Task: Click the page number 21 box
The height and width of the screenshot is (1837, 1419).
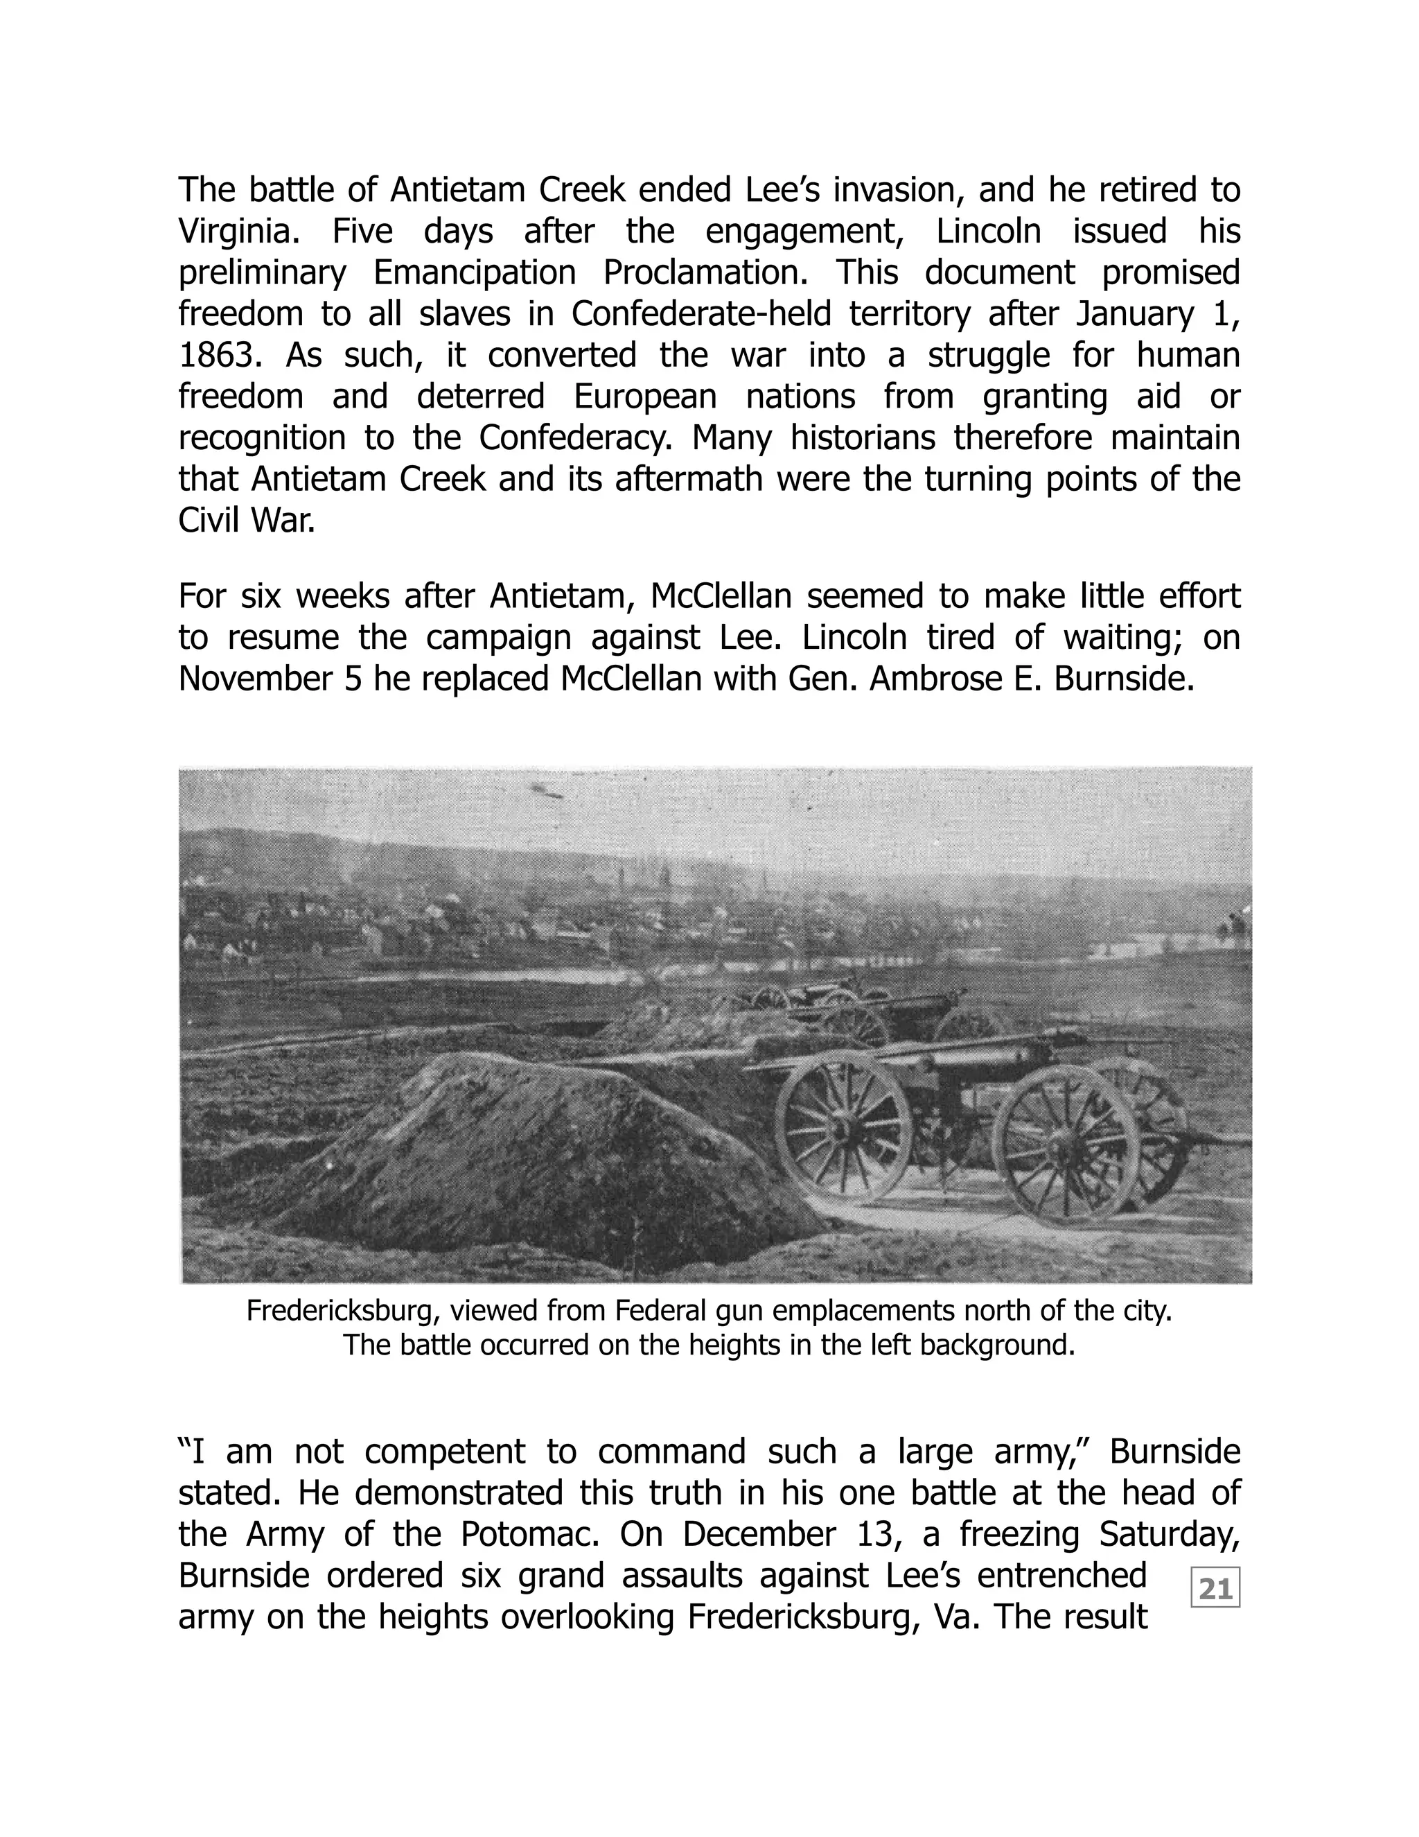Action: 1215,1589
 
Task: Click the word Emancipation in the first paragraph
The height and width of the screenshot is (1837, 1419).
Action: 474,272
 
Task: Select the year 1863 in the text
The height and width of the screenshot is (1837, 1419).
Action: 216,355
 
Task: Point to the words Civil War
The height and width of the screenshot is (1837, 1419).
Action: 246,521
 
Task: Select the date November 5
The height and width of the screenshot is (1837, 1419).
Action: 269,678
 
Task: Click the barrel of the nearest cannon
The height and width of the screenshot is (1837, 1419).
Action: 975,1052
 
